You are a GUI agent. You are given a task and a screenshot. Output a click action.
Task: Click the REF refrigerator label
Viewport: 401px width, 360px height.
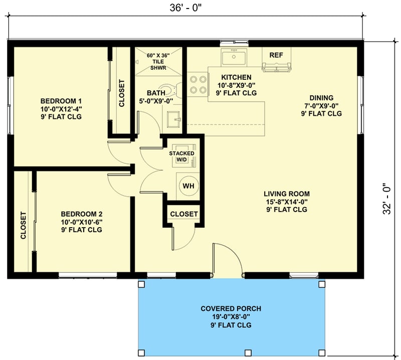pos(276,55)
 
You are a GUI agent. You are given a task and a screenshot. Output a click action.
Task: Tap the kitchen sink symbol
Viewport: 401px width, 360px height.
pos(234,58)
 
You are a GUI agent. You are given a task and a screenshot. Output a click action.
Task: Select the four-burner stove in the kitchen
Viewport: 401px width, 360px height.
pos(198,84)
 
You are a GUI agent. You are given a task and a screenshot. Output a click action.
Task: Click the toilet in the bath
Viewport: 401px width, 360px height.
pos(172,91)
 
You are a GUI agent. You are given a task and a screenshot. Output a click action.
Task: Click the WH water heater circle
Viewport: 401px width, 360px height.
pos(188,186)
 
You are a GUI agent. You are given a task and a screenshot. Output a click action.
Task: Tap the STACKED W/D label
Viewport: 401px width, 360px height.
pos(181,156)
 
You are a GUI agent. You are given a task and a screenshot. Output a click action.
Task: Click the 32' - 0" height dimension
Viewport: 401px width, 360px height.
pos(387,198)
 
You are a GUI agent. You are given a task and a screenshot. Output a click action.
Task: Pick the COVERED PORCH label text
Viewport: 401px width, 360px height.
pos(231,308)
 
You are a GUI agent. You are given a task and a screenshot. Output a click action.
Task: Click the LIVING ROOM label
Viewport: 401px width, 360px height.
pos(287,194)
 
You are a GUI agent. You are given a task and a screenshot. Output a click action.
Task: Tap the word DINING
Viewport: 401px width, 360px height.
pos(321,98)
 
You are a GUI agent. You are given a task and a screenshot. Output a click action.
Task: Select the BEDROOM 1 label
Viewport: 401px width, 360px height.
pos(61,100)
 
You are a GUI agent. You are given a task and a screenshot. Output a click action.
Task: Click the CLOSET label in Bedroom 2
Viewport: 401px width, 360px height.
pos(23,226)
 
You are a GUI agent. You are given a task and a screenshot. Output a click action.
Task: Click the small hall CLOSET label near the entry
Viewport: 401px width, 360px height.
pos(184,214)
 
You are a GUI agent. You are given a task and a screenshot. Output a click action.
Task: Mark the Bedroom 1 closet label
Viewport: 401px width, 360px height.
pos(122,93)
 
